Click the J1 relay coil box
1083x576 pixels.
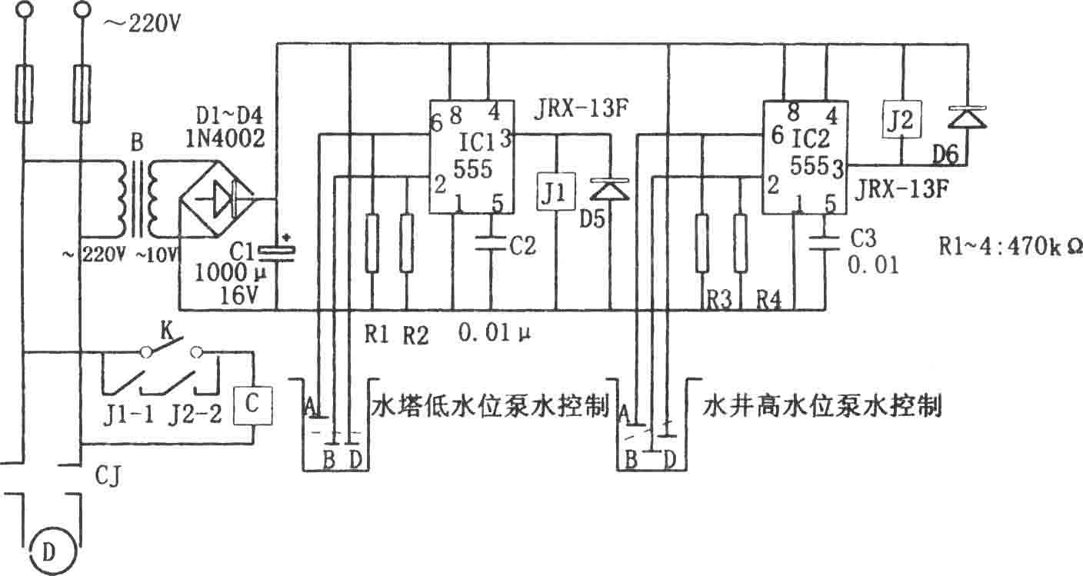(556, 191)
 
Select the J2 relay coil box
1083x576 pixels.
(901, 119)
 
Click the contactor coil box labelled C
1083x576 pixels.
(252, 405)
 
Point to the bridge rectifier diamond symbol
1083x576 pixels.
(217, 198)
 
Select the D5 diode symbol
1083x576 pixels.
(610, 189)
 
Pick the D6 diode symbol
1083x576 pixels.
(968, 118)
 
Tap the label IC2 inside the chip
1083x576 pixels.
(810, 138)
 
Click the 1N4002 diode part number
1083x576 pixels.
(225, 138)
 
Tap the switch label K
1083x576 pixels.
(167, 331)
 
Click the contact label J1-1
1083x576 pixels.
(128, 415)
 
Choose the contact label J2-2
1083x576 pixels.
(195, 415)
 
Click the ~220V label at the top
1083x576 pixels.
(142, 24)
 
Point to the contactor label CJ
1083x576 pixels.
(108, 476)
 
